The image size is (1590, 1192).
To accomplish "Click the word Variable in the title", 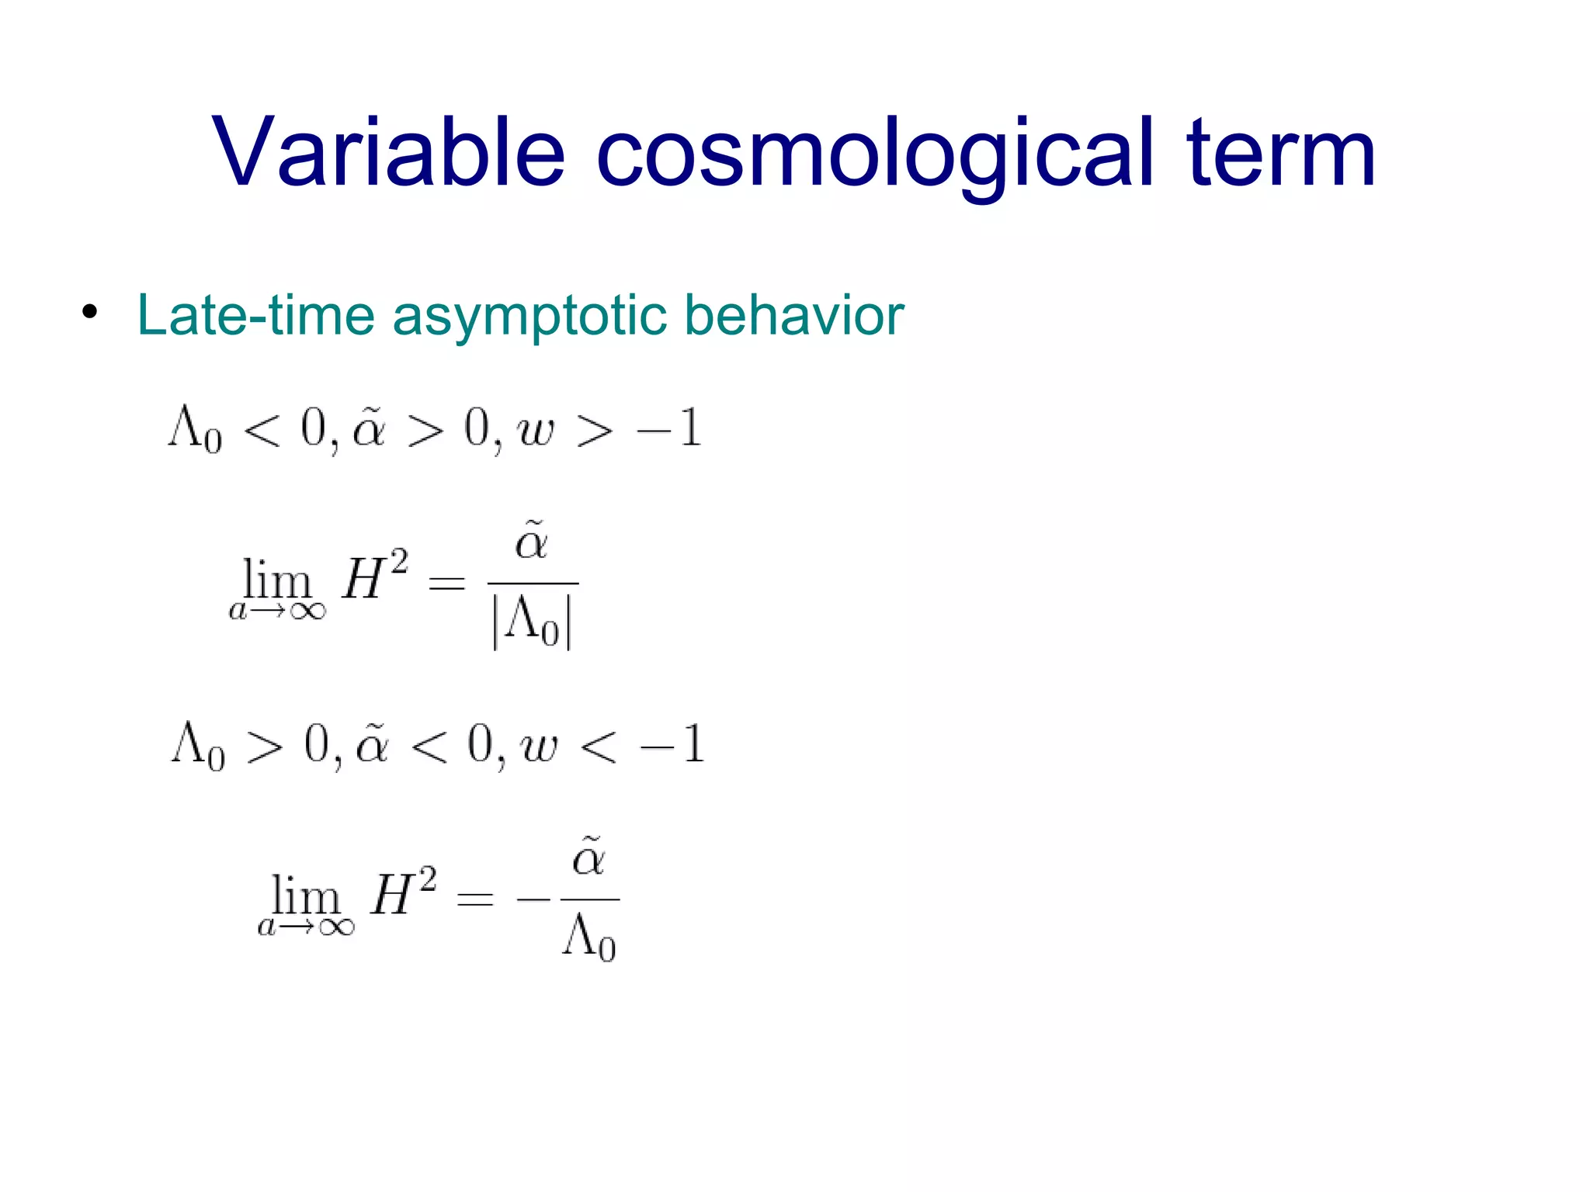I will [x=388, y=152].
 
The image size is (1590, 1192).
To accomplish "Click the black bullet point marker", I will [x=90, y=313].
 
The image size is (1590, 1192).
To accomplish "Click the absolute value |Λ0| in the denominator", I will [x=533, y=622].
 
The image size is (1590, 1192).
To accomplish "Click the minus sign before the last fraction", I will [x=533, y=899].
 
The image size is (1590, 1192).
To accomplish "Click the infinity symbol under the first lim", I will [x=307, y=612].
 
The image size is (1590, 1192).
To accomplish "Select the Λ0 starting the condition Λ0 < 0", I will [x=194, y=429].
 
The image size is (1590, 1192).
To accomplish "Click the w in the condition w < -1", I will [x=539, y=746].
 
